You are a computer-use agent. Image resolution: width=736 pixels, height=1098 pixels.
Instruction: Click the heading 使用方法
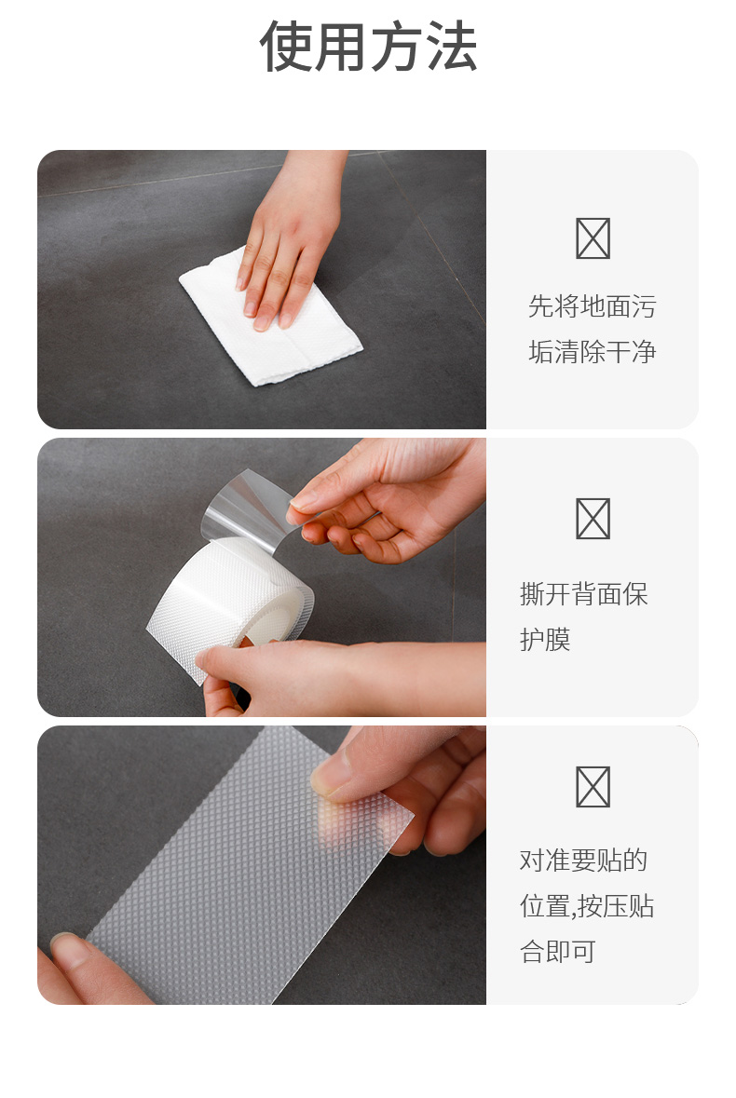tap(368, 47)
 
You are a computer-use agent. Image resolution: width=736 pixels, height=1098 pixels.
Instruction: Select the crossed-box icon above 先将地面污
tap(593, 238)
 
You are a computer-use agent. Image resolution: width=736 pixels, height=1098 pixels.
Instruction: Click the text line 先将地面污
tap(593, 306)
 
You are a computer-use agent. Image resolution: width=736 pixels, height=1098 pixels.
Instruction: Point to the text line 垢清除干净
tap(593, 351)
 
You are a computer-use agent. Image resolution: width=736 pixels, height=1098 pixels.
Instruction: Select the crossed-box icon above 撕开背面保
tap(593, 518)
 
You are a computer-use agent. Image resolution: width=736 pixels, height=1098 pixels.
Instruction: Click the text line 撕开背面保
tap(584, 594)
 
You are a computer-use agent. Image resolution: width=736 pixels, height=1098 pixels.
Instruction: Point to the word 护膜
tap(546, 639)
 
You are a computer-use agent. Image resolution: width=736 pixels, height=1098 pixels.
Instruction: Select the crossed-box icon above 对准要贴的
tap(593, 786)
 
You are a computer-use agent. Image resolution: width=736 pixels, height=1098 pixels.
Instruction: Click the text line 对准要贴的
tap(584, 861)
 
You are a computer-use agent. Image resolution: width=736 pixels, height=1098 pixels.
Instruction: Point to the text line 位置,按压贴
tap(587, 906)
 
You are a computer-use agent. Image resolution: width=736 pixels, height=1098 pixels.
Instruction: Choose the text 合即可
tap(558, 952)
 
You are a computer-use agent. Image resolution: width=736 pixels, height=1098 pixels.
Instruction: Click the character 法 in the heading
tap(452, 47)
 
